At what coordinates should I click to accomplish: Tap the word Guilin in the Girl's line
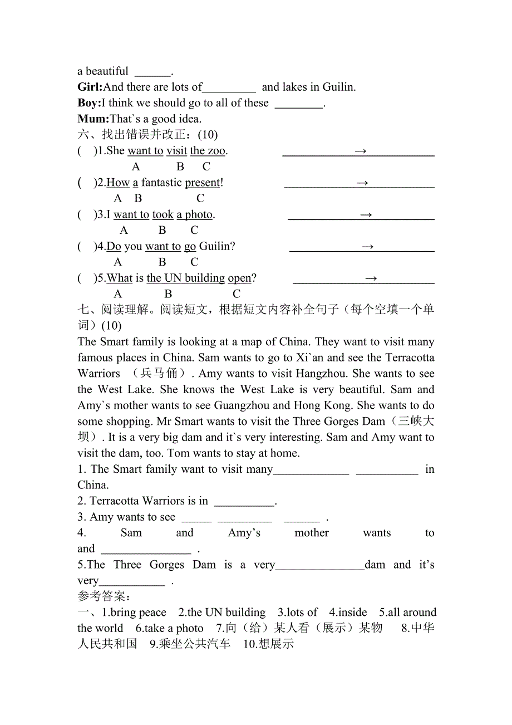tap(338, 87)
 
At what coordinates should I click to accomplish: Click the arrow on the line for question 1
tap(360, 151)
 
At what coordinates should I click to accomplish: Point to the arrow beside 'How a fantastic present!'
tap(362, 183)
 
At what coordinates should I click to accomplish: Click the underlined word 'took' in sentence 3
tap(163, 214)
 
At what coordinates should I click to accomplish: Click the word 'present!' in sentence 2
tap(204, 183)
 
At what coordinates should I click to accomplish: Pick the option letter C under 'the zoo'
tap(206, 166)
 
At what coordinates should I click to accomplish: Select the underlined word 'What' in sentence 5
tap(120, 278)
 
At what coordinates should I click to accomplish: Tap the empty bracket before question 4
tap(87, 246)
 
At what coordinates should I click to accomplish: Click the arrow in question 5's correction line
tap(371, 278)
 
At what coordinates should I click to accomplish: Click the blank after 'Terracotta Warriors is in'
tap(244, 501)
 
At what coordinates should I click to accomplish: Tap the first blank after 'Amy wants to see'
tap(196, 517)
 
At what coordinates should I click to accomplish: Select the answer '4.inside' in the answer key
tap(348, 613)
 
